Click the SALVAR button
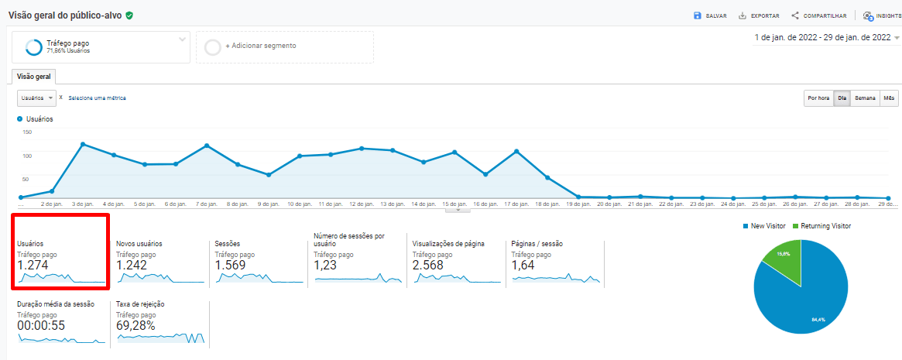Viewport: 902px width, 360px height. click(x=710, y=15)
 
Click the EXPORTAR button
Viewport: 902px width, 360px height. click(x=758, y=15)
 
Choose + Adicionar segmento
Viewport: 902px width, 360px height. click(x=260, y=46)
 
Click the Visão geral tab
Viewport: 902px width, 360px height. click(x=33, y=77)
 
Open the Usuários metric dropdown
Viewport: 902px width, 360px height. click(x=37, y=98)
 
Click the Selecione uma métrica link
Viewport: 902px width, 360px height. click(x=97, y=98)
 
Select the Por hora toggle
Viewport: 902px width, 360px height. click(x=818, y=98)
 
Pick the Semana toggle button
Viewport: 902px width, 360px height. click(x=865, y=98)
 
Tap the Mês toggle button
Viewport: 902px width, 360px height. click(x=889, y=98)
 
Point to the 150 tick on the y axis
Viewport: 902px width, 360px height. click(x=27, y=132)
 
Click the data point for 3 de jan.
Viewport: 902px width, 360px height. click(x=83, y=144)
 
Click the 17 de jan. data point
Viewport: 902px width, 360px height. click(x=516, y=151)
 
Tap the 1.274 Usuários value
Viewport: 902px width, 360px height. click(x=33, y=265)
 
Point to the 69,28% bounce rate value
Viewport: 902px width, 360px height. click(x=135, y=325)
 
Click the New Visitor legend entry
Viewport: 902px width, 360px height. click(x=763, y=226)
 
